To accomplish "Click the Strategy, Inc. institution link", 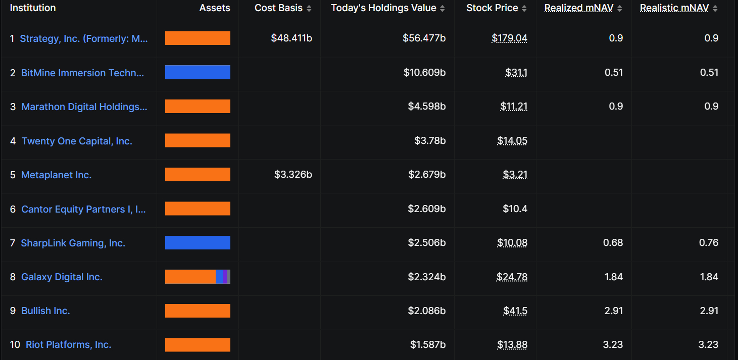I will point(84,39).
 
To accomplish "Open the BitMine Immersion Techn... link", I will point(82,73).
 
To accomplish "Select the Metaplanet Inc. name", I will point(56,175).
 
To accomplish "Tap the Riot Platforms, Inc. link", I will point(68,345).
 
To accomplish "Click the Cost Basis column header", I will point(278,8).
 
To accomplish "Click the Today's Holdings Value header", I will point(383,8).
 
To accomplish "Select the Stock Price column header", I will point(492,8).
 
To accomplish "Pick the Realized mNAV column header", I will point(579,8).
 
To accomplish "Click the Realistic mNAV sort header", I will point(674,8).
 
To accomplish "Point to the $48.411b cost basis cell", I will point(291,38).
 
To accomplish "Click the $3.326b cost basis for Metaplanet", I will point(293,175).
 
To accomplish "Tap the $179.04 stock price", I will point(509,38).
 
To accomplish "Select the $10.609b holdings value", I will point(424,73).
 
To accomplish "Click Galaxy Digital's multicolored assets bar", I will point(198,277).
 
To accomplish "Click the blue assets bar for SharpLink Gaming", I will point(198,243).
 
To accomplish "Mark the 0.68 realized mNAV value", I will point(613,243).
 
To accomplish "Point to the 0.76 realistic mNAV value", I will point(709,243).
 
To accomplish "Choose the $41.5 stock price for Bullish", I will point(515,311).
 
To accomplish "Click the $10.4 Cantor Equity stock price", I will point(515,209).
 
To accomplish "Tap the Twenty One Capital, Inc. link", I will point(77,141).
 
